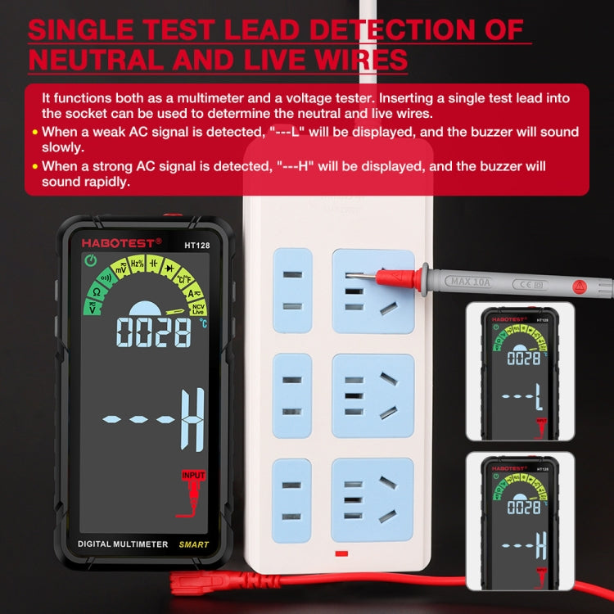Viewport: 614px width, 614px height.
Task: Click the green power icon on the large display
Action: pyautogui.click(x=88, y=261)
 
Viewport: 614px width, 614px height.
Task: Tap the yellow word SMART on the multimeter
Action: pyautogui.click(x=194, y=544)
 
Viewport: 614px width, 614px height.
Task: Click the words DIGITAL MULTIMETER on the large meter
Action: pyautogui.click(x=123, y=544)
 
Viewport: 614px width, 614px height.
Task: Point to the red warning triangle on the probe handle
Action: pyautogui.click(x=579, y=287)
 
